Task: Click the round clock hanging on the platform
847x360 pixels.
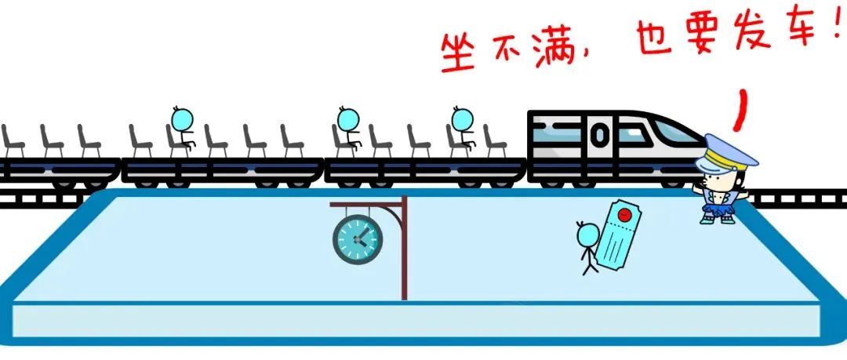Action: (x=357, y=239)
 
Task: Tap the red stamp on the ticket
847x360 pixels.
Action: (x=624, y=215)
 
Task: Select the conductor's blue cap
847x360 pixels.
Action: (x=725, y=152)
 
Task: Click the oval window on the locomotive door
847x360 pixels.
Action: (x=599, y=135)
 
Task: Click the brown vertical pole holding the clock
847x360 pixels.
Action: (x=404, y=248)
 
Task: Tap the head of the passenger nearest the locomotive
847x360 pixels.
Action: (x=463, y=120)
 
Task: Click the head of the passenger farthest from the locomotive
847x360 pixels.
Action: (x=182, y=120)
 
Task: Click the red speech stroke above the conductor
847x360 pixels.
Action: (x=741, y=111)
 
